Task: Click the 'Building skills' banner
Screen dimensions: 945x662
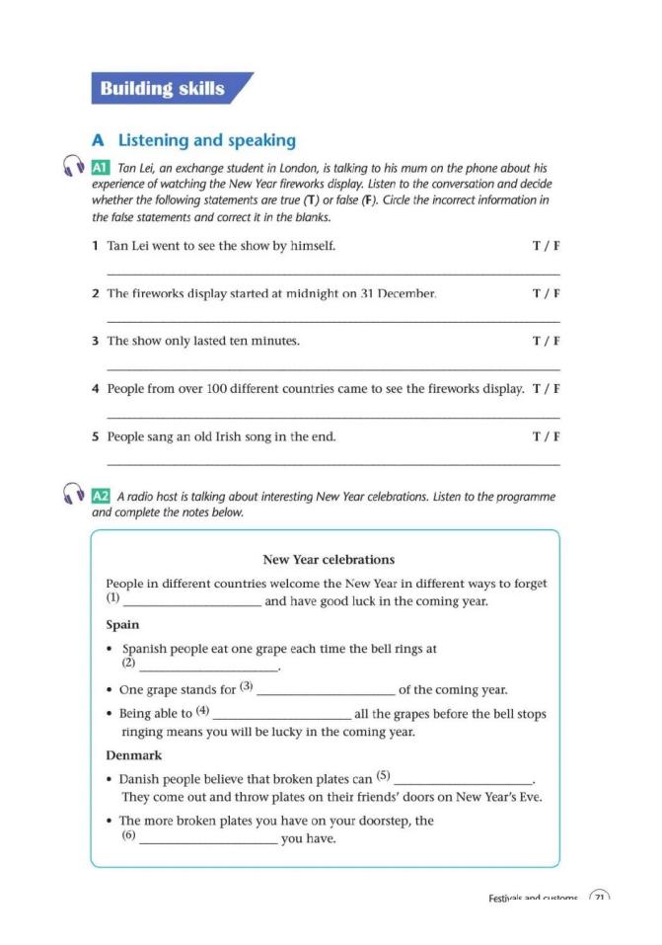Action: pyautogui.click(x=163, y=89)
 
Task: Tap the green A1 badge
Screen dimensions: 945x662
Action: pyautogui.click(x=100, y=168)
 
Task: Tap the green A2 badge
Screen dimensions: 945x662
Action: pyautogui.click(x=100, y=496)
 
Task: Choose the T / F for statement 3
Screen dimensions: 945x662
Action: pyautogui.click(x=546, y=341)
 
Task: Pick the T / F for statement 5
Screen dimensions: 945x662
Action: pyautogui.click(x=546, y=436)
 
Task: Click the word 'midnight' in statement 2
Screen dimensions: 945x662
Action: pyautogui.click(x=300, y=293)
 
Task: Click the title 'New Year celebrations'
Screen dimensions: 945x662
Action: pyautogui.click(x=329, y=560)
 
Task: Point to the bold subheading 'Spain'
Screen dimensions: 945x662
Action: pyautogui.click(x=122, y=624)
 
